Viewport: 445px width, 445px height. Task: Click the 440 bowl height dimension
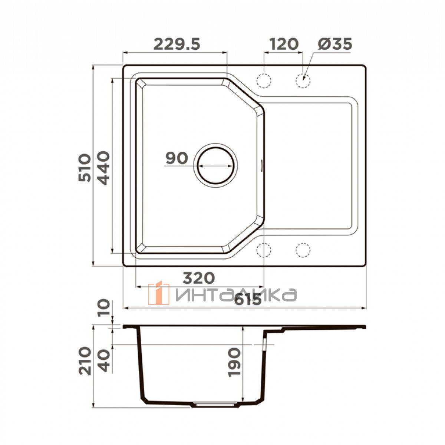[x=102, y=168]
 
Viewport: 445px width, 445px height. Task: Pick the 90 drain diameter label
[x=177, y=158]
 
